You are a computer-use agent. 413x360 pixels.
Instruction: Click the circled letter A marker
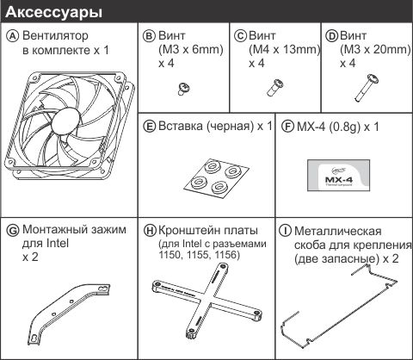[x=12, y=36]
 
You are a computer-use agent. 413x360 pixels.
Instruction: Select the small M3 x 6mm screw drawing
[x=182, y=85]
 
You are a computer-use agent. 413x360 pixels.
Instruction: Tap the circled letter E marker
[x=150, y=126]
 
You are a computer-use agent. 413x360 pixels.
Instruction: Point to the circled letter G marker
[x=12, y=230]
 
